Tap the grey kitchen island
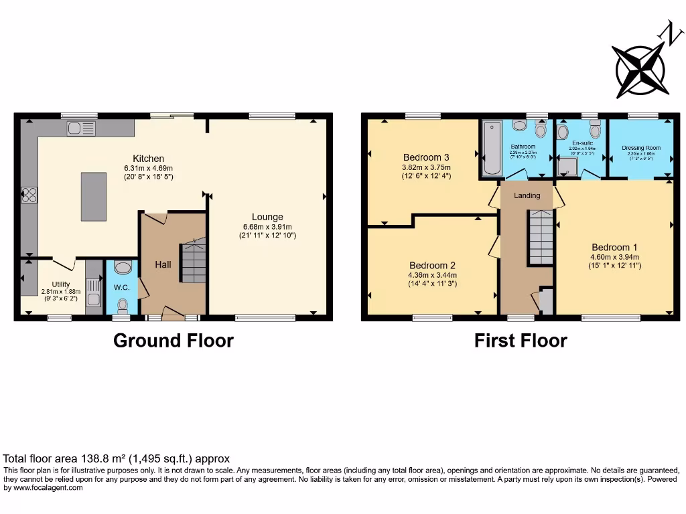pyautogui.click(x=93, y=196)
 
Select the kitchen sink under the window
pyautogui.click(x=81, y=128)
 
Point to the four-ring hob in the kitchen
pyautogui.click(x=29, y=195)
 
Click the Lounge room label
pyautogui.click(x=267, y=217)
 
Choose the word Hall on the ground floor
pyautogui.click(x=163, y=264)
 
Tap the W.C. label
pyautogui.click(x=121, y=288)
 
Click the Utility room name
pyautogui.click(x=61, y=284)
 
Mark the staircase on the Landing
pyautogui.click(x=541, y=237)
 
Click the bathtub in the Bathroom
pyautogui.click(x=492, y=148)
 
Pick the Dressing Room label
pyautogui.click(x=641, y=148)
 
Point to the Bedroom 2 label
pyautogui.click(x=433, y=265)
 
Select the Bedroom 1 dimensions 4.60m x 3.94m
pyautogui.click(x=614, y=256)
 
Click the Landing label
pyautogui.click(x=527, y=195)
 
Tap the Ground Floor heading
pyautogui.click(x=174, y=341)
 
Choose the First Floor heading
pyautogui.click(x=521, y=341)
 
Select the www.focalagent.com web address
pyautogui.click(x=44, y=488)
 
